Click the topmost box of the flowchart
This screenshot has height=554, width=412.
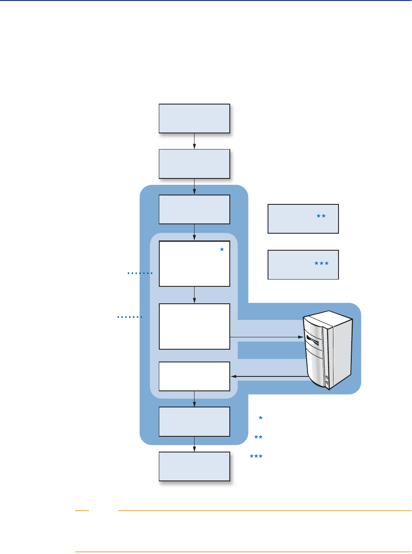click(x=194, y=119)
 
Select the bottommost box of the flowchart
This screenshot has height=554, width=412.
click(x=194, y=466)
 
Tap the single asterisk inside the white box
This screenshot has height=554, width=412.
click(x=222, y=251)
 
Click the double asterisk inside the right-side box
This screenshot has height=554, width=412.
click(x=321, y=217)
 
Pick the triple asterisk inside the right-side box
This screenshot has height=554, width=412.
click(x=322, y=264)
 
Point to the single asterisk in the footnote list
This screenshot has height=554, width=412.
click(x=260, y=418)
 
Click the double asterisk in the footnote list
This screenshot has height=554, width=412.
click(x=258, y=438)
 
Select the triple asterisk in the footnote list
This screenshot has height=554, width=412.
click(x=256, y=457)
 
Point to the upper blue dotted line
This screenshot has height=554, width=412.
click(x=140, y=273)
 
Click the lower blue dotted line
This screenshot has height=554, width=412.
click(x=130, y=317)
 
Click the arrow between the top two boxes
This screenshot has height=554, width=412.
click(x=194, y=141)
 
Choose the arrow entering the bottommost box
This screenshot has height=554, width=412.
click(x=194, y=444)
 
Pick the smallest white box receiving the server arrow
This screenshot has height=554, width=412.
click(x=194, y=376)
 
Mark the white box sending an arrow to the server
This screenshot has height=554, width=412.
click(x=194, y=326)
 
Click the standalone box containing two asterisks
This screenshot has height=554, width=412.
click(x=303, y=219)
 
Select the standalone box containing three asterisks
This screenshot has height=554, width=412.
click(x=303, y=265)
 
